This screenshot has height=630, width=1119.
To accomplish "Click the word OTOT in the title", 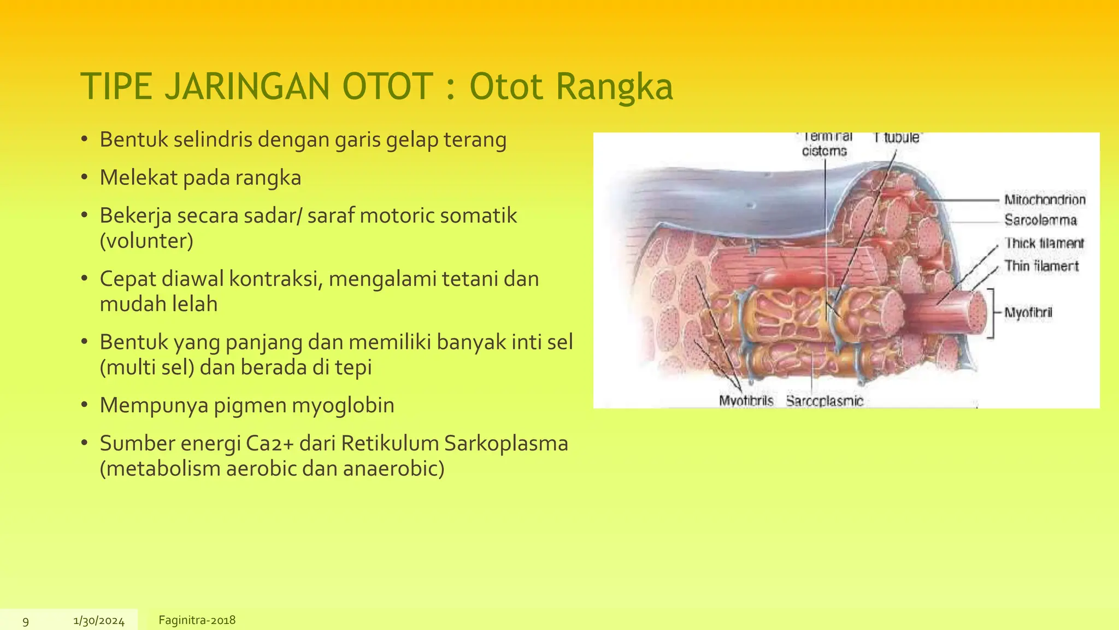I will [387, 87].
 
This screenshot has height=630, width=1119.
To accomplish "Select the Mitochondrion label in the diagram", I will [1045, 200].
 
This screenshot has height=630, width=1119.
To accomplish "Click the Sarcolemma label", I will [1040, 220].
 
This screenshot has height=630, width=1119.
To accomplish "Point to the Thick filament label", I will [1044, 243].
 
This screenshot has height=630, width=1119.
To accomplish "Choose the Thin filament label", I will [1041, 266].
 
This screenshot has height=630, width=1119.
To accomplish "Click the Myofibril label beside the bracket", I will [1028, 313].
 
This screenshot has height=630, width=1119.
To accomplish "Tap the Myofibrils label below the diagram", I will [746, 401].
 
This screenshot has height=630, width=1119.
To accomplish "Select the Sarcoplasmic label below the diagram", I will [824, 401].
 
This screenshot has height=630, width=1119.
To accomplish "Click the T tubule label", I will [897, 138].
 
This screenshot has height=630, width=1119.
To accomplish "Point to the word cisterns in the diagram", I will [824, 151].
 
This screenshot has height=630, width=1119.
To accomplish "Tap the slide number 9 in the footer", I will [26, 621].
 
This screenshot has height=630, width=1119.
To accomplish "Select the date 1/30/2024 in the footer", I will [99, 621].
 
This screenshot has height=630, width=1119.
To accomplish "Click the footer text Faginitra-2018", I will [197, 620].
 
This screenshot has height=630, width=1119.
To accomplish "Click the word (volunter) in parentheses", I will [146, 241].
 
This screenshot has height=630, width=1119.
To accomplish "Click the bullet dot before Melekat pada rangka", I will [84, 178].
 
